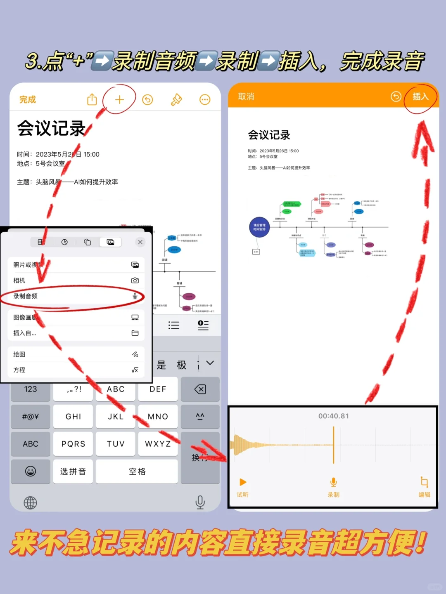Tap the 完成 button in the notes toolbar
(28, 99)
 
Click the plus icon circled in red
(119, 99)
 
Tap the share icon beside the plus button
(92, 99)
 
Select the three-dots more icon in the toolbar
(205, 99)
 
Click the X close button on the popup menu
(140, 242)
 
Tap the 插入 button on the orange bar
(420, 97)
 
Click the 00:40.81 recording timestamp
(334, 416)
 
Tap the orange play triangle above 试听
(243, 482)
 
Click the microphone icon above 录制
(334, 482)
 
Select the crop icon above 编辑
(424, 482)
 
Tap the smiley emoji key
(31, 471)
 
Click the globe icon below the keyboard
(31, 503)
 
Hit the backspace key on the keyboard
(200, 389)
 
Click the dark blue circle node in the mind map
(259, 227)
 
